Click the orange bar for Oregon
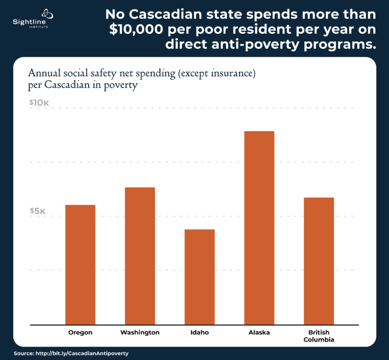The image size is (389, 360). [80, 264]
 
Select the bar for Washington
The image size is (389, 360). [140, 256]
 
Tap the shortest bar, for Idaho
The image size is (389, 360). [200, 276]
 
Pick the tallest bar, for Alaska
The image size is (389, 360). [259, 227]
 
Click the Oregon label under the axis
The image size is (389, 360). [80, 333]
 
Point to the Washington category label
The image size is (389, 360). [140, 333]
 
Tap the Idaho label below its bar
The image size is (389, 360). [200, 333]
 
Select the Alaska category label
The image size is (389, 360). [259, 333]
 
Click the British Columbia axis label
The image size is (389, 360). [318, 336]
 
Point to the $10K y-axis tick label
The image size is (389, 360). [39, 103]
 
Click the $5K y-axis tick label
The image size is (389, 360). [37, 211]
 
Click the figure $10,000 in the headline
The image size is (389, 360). [139, 30]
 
